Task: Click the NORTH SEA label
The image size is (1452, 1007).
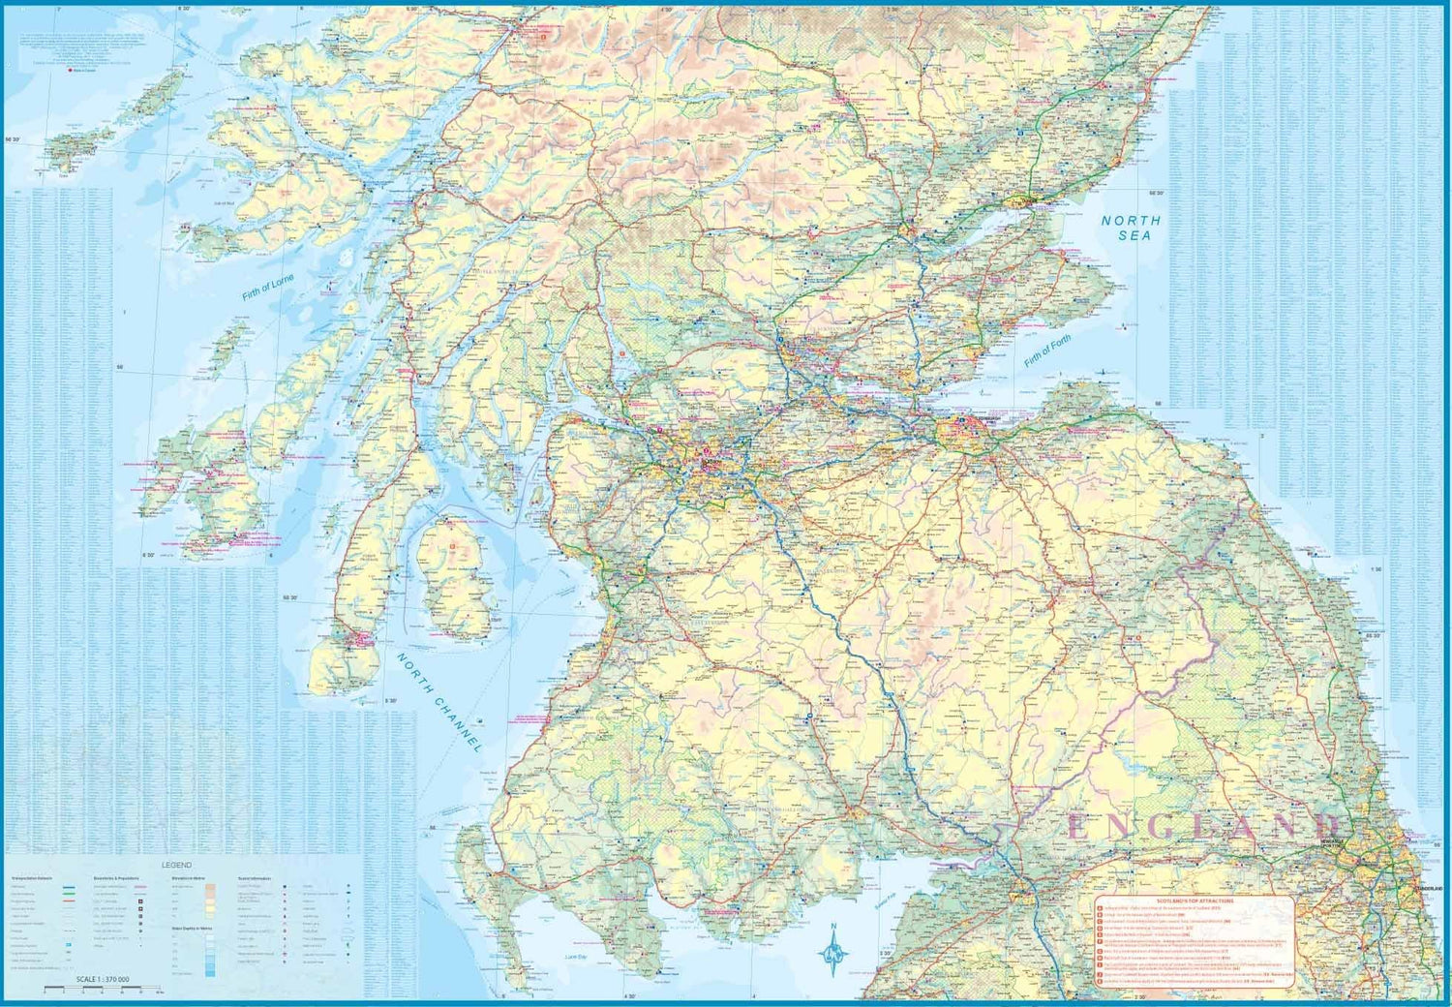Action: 1131,228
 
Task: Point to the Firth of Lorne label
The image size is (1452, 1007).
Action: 268,289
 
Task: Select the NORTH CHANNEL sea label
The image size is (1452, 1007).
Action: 439,702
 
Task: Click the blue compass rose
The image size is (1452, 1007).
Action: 833,953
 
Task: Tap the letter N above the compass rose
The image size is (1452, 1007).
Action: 833,927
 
